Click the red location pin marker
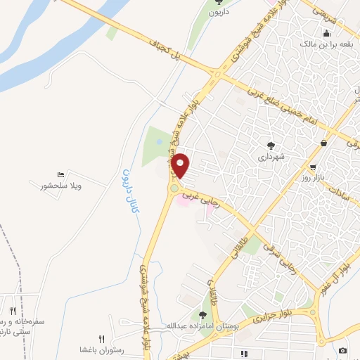[181, 165]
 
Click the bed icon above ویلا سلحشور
[61, 174]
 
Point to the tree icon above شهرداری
[271, 145]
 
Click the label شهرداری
[271, 157]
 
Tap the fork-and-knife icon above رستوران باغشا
[101, 339]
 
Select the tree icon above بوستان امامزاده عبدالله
[203, 315]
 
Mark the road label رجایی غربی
[202, 199]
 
